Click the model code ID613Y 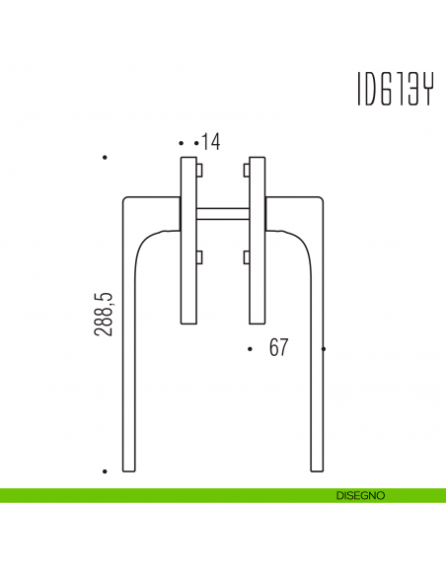(x=392, y=89)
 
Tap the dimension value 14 (x=210, y=142)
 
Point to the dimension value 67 (x=278, y=348)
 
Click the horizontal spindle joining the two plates (x=223, y=213)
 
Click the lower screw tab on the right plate (x=245, y=257)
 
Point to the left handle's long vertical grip (x=129, y=375)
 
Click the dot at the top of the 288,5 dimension (x=105, y=158)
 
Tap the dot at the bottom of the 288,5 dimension (x=105, y=471)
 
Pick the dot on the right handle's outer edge (x=325, y=349)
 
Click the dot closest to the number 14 (x=196, y=143)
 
